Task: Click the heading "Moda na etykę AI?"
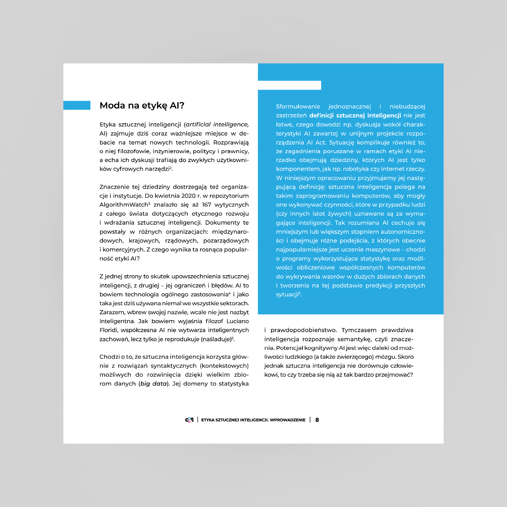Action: pos(142,105)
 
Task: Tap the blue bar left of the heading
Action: pos(77,105)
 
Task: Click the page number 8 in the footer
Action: pos(317,420)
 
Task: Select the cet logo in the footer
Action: pos(189,420)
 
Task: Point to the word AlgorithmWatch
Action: pos(124,205)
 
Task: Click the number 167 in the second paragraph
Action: pos(207,205)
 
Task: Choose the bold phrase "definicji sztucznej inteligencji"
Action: pos(355,115)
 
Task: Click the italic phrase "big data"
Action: pos(154,384)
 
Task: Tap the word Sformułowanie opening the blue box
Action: pos(298,106)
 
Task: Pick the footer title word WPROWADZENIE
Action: pos(288,420)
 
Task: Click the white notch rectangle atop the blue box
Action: pos(289,85)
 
